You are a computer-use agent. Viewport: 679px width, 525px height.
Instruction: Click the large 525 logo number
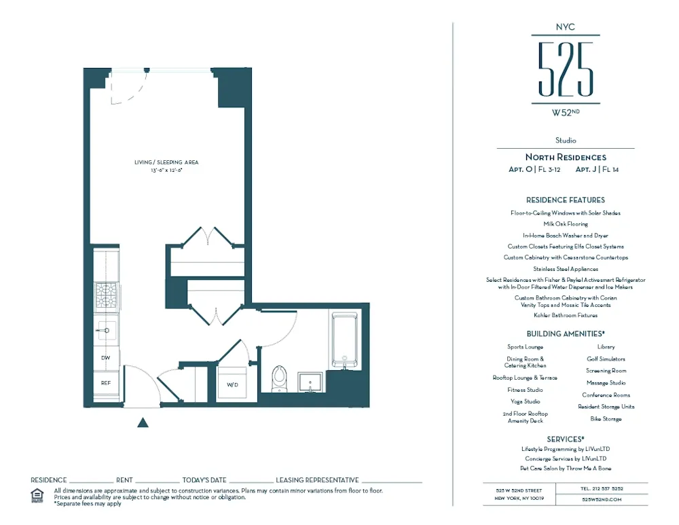(x=566, y=69)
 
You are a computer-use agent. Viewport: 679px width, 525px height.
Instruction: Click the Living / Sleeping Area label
(x=166, y=163)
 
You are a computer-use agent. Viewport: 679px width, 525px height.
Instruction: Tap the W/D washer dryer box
(x=232, y=384)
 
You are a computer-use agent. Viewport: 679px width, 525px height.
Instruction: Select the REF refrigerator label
(x=106, y=383)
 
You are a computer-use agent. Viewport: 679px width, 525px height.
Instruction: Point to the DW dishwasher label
(x=106, y=358)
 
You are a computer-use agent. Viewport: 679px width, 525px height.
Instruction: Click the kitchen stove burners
(x=106, y=296)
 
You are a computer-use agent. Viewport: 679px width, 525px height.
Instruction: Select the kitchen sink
(x=106, y=331)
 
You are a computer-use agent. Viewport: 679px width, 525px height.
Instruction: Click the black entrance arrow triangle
(x=143, y=422)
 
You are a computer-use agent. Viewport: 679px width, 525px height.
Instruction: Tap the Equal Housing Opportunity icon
(x=37, y=496)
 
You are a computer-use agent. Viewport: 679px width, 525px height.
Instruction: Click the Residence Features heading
(x=565, y=200)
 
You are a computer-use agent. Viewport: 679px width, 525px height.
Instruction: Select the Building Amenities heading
(x=565, y=334)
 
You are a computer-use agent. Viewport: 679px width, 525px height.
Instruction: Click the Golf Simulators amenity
(x=606, y=359)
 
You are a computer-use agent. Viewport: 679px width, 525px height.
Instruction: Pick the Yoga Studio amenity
(x=525, y=401)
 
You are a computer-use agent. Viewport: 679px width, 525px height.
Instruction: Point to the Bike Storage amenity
(x=606, y=419)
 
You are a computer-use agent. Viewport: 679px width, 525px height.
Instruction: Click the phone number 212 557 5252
(x=602, y=488)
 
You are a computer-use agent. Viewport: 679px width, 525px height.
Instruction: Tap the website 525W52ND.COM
(x=602, y=499)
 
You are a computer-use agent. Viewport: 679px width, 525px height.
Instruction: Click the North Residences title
(x=566, y=158)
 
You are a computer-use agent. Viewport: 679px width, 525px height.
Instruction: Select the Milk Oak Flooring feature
(x=566, y=223)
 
